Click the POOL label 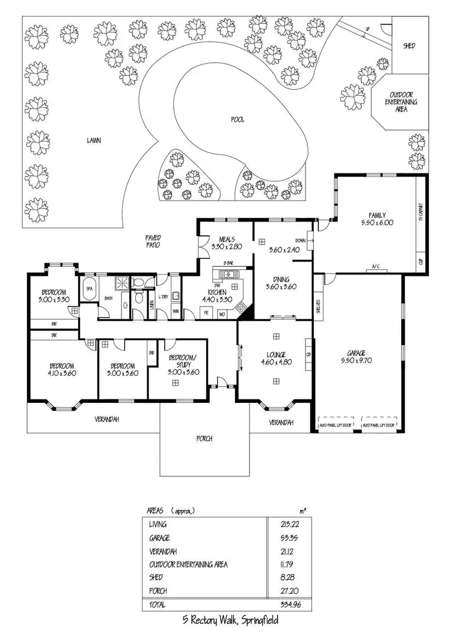238,120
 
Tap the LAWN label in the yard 93,141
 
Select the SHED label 409,46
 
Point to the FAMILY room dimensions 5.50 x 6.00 376,222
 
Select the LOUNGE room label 276,355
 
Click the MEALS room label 227,239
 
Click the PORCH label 204,438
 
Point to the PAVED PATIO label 153,242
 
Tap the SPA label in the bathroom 90,288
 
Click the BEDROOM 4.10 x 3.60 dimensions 61,373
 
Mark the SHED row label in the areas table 155,578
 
